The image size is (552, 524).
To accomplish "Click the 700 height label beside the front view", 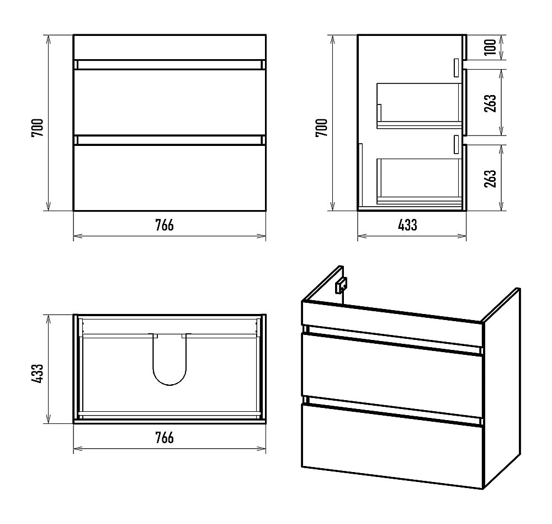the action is point(38,128).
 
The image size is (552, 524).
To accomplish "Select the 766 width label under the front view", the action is point(164,225).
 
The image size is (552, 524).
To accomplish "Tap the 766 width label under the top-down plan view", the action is point(164,438).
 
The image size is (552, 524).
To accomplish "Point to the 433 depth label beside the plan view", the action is point(38,374).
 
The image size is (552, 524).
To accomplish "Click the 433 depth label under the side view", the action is point(407,225).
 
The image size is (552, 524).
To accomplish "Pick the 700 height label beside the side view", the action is point(321,128).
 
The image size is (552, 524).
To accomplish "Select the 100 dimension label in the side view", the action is point(490,47).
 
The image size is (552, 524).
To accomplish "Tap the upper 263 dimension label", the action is point(490,103).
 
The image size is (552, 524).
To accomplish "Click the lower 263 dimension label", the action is point(490,179).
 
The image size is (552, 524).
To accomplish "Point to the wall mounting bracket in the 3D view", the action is point(341,285).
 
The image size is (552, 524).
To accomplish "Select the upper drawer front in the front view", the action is point(169,102).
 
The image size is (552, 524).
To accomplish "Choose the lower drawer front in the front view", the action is point(169,178).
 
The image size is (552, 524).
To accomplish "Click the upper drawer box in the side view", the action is point(419,106).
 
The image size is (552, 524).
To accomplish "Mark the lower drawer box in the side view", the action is point(419,181).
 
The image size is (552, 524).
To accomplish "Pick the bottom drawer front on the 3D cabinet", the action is point(392,446).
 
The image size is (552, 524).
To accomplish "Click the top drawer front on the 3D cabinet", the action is point(392,375).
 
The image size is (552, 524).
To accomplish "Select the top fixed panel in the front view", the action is point(169,47).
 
